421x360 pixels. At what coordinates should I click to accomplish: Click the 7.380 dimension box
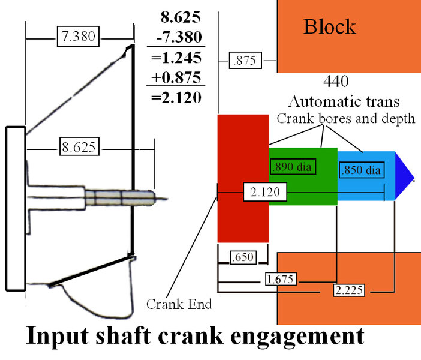pos(78,36)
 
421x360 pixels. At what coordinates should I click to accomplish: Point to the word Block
pos(329,26)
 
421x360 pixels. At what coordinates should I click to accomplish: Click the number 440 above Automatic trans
pos(336,81)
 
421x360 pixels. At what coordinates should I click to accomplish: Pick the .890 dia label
pos(294,166)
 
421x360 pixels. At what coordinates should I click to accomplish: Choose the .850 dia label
pos(360,170)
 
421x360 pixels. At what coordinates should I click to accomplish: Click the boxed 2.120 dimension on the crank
pos(265,193)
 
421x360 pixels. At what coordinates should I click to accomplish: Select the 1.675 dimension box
pos(281,279)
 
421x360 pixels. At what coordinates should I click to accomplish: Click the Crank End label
pos(179,304)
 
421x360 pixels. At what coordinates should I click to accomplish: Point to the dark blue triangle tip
pos(404,175)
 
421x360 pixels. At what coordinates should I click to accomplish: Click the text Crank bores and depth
pos(345,119)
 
